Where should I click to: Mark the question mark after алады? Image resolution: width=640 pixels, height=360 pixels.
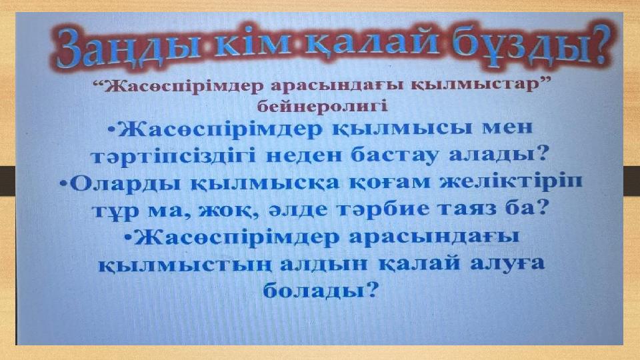(541, 153)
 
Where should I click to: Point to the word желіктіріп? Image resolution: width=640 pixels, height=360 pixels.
(511, 181)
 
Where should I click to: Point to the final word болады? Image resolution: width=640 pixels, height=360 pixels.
(313, 290)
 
